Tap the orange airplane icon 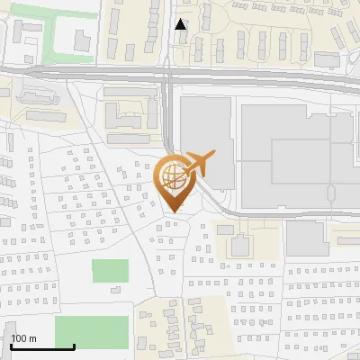(198, 164)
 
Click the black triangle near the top (181, 25)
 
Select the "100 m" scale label (23, 338)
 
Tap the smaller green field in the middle (110, 271)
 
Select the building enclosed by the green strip (82, 40)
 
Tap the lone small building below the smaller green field (115, 289)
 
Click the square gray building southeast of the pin (240, 246)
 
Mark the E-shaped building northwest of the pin (126, 117)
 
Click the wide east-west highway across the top (90, 69)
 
